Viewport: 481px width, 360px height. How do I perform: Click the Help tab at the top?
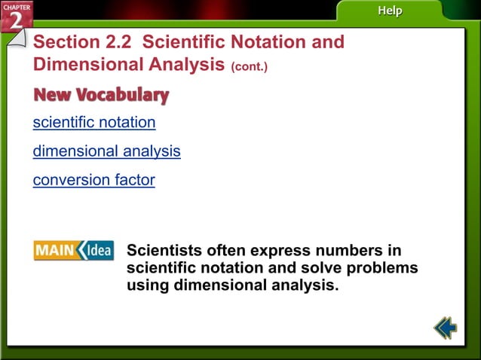point(390,11)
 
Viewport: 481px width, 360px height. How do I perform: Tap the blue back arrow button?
point(446,328)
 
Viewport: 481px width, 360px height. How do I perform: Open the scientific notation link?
point(94,122)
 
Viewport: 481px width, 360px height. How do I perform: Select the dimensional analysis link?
point(106,151)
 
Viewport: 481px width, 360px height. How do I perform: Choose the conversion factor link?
point(93,180)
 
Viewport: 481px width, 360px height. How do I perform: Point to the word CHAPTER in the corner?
point(16,7)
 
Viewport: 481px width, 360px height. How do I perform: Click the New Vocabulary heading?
point(101,95)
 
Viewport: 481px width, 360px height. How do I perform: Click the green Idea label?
point(97,250)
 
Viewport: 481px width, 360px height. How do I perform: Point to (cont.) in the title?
point(250,66)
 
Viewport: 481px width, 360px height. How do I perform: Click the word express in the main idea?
point(285,250)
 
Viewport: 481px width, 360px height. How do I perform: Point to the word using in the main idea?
point(148,285)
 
